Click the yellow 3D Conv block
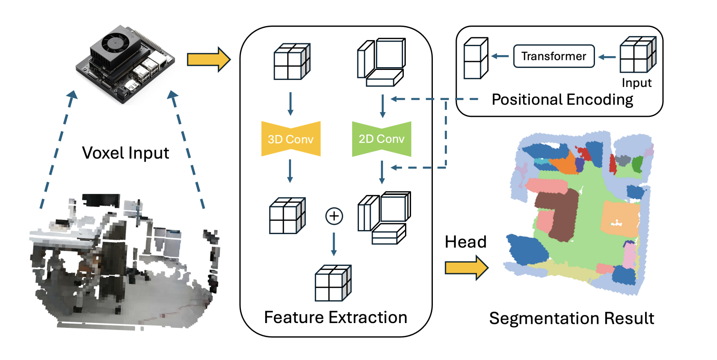pyautogui.click(x=291, y=139)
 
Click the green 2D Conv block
pyautogui.click(x=381, y=139)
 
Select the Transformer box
pyautogui.click(x=554, y=56)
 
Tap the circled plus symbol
pyautogui.click(x=334, y=216)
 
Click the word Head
pyautogui.click(x=465, y=242)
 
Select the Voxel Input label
pyautogui.click(x=126, y=153)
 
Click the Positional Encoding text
pyautogui.click(x=562, y=99)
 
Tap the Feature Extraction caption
pyautogui.click(x=335, y=317)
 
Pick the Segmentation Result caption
pyautogui.click(x=571, y=318)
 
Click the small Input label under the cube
pyautogui.click(x=636, y=83)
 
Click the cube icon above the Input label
pyautogui.click(x=638, y=55)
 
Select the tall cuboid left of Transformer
pyautogui.click(x=476, y=58)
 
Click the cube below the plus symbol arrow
pyautogui.click(x=333, y=283)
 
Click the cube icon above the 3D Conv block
pyautogui.click(x=292, y=62)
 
